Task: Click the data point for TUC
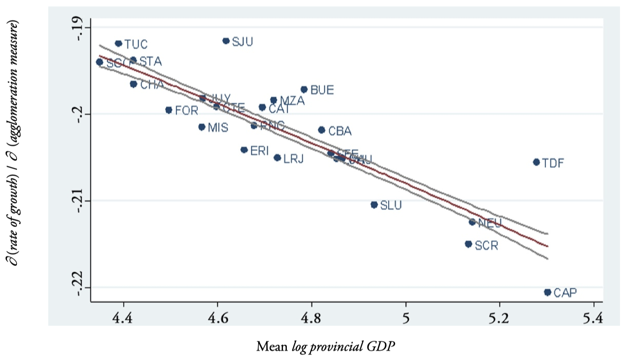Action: tap(118, 44)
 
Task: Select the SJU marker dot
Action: tap(226, 41)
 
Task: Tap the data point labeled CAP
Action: tap(547, 292)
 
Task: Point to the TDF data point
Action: tap(536, 162)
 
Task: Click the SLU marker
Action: tap(374, 205)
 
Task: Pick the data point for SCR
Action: tap(468, 244)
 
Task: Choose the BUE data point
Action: tap(304, 89)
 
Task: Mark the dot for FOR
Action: tap(169, 110)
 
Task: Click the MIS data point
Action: tap(202, 127)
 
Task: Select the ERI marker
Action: tap(244, 150)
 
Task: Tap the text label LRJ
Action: tap(294, 159)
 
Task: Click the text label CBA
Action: tap(340, 131)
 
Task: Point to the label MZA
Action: tap(292, 101)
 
